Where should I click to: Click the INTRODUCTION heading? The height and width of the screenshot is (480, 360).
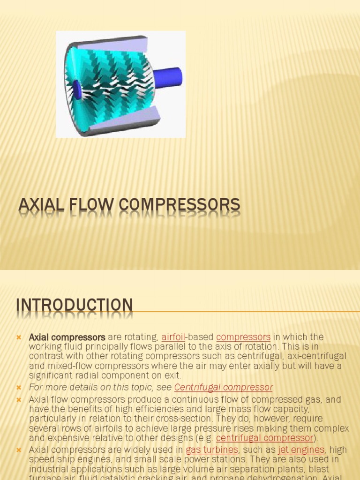[x=75, y=305]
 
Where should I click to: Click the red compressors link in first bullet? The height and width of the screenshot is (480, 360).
[x=243, y=337]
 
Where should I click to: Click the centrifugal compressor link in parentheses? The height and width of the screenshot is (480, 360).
[x=264, y=438]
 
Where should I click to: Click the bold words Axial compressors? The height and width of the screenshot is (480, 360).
[x=67, y=337]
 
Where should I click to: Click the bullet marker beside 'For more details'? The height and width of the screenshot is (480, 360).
[x=19, y=388]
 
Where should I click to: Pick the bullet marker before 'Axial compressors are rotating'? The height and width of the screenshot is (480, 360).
[x=19, y=337]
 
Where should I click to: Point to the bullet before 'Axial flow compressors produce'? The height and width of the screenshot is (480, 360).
[x=19, y=400]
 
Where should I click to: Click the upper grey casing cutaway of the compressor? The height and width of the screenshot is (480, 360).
[x=112, y=45]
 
